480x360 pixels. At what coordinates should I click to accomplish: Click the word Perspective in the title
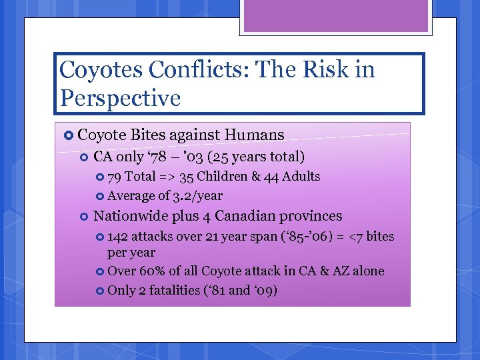120,98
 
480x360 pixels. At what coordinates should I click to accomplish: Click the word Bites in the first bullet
147,135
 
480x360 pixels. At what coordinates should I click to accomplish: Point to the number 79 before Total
114,177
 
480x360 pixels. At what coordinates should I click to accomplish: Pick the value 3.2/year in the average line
197,196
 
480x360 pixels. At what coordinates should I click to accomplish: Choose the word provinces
311,216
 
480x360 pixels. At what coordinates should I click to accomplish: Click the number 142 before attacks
118,237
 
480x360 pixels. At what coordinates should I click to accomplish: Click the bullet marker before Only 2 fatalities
100,291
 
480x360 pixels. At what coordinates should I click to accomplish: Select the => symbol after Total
167,177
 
